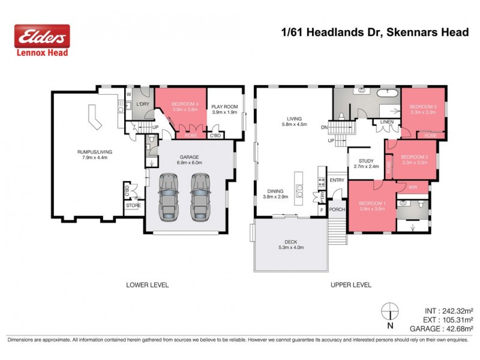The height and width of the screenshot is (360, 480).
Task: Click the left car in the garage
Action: click(169, 197)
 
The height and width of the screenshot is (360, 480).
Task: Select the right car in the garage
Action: click(201, 197)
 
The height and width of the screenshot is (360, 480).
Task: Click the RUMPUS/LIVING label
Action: click(95, 152)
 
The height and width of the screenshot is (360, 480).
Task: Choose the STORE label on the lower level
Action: click(133, 205)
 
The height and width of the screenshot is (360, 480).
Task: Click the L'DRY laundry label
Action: click(143, 104)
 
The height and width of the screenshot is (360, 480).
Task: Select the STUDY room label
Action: click(366, 161)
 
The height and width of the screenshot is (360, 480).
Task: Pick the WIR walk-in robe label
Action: click(412, 187)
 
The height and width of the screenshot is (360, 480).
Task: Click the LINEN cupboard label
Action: click(385, 123)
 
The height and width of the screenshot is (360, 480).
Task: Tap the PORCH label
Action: click(337, 209)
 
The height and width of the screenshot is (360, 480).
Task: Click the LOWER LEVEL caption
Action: click(147, 285)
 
